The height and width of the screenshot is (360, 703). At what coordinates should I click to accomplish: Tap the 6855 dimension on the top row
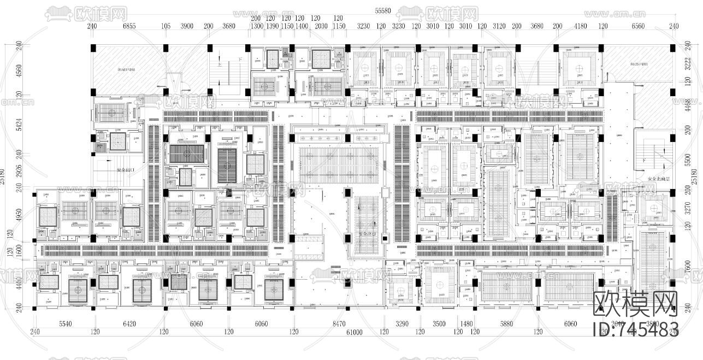(x=129, y=26)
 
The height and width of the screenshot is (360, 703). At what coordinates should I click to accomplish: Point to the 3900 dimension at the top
(x=187, y=26)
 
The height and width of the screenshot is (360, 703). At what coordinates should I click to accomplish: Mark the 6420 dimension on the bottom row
(x=129, y=324)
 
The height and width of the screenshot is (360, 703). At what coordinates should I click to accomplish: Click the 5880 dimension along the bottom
(x=506, y=324)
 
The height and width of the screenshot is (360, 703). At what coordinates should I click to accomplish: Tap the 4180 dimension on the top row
(x=580, y=26)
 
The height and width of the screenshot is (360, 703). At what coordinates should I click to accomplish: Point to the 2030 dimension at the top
(x=322, y=26)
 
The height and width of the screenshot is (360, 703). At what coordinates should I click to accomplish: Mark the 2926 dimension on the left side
(x=19, y=170)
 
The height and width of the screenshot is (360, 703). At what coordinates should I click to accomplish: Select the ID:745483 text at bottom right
(x=635, y=329)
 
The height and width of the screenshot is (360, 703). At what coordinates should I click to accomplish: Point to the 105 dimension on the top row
(x=166, y=26)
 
